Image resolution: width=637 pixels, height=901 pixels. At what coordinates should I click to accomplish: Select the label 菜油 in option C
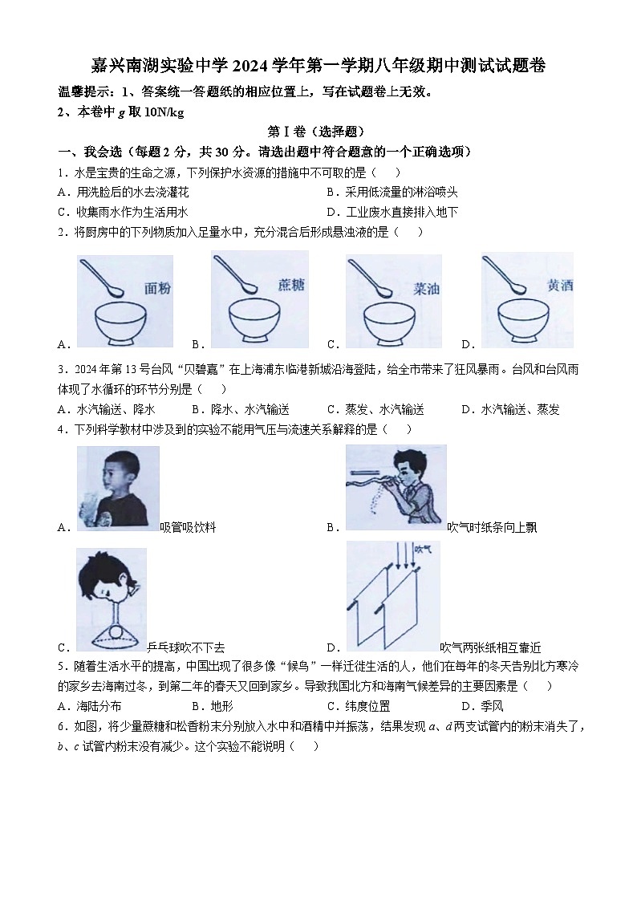tap(426, 286)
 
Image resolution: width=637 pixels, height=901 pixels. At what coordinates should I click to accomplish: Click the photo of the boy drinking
tap(118, 487)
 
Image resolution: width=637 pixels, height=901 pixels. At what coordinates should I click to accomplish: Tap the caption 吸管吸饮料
tap(188, 527)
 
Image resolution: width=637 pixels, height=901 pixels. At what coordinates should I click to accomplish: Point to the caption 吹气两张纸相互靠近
tap(490, 647)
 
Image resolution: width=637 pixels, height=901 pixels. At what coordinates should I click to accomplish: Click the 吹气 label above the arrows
tap(423, 550)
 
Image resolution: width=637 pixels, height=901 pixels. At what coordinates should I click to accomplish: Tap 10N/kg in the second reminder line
tap(164, 112)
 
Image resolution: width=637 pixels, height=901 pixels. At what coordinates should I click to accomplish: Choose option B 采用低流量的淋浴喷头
tap(392, 192)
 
